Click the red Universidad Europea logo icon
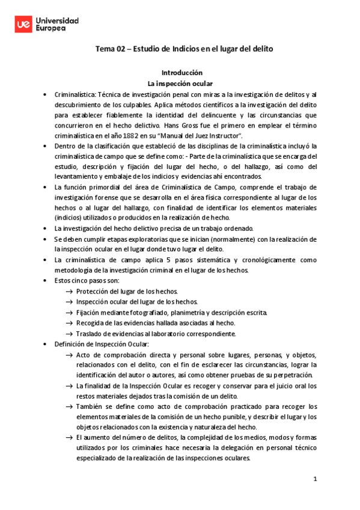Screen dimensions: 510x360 [x=23, y=24]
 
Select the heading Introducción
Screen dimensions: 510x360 [x=180, y=72]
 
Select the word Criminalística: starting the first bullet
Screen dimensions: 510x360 [x=75, y=94]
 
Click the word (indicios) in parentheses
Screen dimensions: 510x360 [x=70, y=217]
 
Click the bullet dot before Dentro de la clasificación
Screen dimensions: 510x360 [x=46, y=146]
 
